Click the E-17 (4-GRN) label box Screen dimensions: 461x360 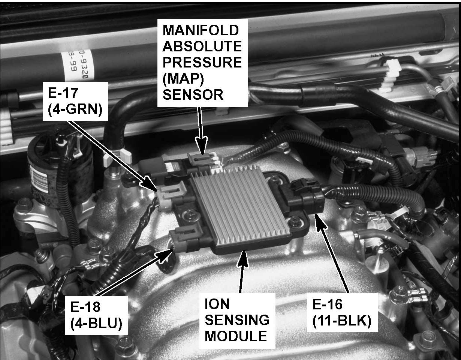click(75, 102)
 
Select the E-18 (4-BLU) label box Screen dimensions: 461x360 click(96, 315)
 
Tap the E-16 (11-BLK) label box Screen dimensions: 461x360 click(343, 313)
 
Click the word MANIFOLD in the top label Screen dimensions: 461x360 click(201, 30)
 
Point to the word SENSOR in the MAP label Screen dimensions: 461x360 click(193, 94)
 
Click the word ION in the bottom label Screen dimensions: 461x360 click(217, 304)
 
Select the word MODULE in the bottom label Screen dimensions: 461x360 click(236, 336)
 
